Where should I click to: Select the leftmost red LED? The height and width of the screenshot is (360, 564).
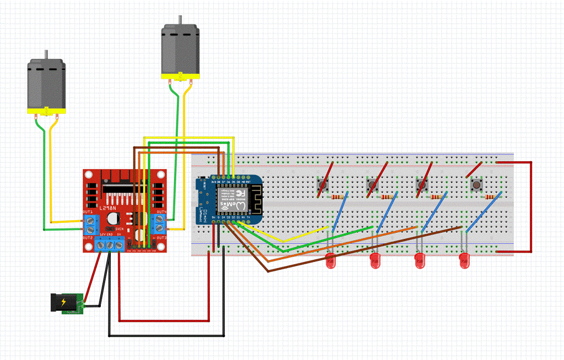(x=332, y=261)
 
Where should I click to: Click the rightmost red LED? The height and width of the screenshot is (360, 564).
(x=465, y=261)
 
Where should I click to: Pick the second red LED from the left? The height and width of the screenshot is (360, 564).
(x=376, y=261)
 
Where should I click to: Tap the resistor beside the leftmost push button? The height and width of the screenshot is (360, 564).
(x=337, y=197)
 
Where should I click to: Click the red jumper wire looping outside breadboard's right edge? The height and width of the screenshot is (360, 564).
(x=532, y=206)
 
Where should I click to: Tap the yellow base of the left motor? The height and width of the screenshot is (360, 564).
(x=46, y=112)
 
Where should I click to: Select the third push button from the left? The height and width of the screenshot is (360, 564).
(x=423, y=186)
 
